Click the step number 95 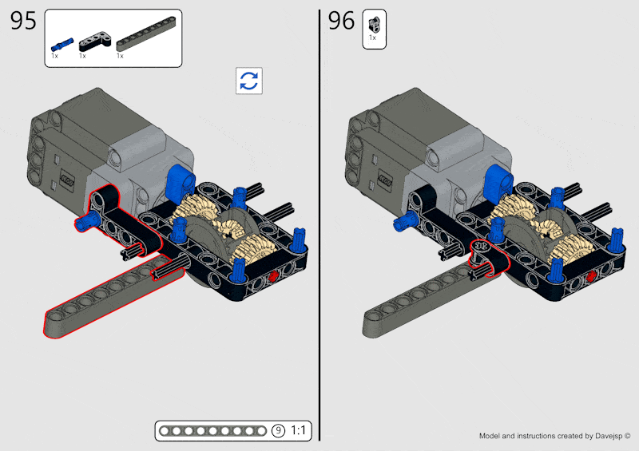click(24, 22)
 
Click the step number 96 click(341, 22)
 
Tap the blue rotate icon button click(249, 81)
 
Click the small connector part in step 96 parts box click(373, 22)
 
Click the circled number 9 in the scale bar click(278, 431)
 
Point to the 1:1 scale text click(299, 431)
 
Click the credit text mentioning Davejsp click(554, 437)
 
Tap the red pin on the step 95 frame click(273, 276)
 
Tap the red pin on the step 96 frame click(592, 276)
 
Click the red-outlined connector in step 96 click(482, 251)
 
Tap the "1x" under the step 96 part click(372, 38)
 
